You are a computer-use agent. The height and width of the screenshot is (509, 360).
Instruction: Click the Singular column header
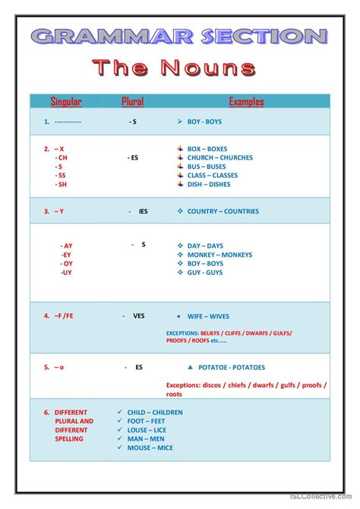(66, 101)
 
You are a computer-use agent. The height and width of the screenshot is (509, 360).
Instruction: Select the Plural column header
(132, 101)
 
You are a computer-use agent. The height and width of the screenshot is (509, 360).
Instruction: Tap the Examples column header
(246, 101)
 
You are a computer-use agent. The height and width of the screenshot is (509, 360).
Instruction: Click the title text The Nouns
(174, 68)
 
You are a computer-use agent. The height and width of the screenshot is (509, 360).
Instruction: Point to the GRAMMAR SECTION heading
(179, 35)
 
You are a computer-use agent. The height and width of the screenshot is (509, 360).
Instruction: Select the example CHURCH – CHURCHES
(220, 158)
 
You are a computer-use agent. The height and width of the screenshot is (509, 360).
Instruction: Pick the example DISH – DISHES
(209, 184)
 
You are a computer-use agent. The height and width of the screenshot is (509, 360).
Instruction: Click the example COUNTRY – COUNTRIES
(223, 211)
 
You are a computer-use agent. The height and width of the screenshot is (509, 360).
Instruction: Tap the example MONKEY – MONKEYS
(220, 254)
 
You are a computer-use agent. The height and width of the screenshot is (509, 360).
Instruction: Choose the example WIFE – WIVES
(208, 316)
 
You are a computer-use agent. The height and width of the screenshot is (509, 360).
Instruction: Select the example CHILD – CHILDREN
(155, 413)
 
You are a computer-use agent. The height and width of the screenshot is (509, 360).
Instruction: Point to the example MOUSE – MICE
(150, 447)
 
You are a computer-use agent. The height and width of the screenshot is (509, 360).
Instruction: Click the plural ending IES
(143, 211)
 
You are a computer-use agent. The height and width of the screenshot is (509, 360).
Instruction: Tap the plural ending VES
(138, 315)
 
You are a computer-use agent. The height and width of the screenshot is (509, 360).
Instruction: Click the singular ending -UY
(67, 272)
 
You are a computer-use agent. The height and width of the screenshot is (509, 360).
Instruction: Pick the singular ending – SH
(62, 184)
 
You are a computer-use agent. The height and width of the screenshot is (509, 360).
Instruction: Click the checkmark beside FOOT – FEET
(120, 421)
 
